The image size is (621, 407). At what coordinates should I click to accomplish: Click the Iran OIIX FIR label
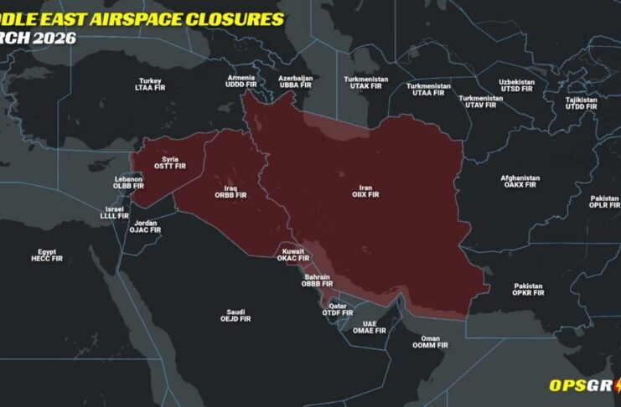365,190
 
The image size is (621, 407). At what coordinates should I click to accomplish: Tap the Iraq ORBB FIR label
230,191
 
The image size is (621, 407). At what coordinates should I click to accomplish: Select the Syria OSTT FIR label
170,162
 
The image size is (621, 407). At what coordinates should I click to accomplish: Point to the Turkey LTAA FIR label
150,84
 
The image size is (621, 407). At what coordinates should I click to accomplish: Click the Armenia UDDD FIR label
241,81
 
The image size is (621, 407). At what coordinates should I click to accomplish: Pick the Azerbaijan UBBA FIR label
295,81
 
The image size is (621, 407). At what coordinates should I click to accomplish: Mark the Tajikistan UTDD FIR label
581,103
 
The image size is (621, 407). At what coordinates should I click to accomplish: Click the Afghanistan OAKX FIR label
520,182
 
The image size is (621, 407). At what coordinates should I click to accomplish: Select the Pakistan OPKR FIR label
528,290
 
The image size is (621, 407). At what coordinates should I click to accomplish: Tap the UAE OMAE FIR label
369,327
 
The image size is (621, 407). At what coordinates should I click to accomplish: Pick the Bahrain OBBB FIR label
317,281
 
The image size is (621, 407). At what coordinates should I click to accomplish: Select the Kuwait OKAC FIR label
293,255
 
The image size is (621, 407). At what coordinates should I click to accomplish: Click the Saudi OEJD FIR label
235,315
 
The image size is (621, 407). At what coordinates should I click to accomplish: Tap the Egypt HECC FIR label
47,255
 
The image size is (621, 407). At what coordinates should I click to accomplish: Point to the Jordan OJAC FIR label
144,226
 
